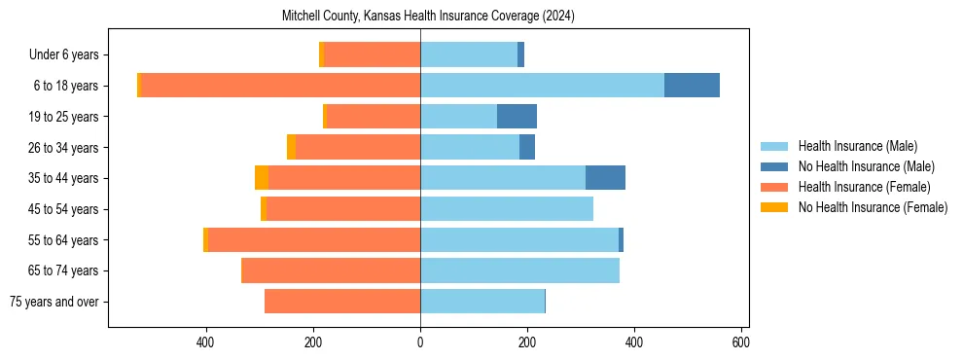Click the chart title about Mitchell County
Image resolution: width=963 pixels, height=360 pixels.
pos(428,17)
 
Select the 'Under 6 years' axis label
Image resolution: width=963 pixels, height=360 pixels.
pos(69,55)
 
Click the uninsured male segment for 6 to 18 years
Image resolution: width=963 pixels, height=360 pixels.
pos(692,86)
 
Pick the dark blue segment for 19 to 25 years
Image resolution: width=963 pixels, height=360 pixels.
pos(517,117)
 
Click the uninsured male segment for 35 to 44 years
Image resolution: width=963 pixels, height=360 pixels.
pos(605,178)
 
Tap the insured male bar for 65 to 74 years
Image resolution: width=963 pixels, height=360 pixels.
pos(519,270)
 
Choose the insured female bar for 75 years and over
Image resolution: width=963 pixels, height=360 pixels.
pos(342,302)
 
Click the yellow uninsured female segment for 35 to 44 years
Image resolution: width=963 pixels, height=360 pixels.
pos(262,178)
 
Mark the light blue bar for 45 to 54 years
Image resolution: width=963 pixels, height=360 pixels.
pos(507,209)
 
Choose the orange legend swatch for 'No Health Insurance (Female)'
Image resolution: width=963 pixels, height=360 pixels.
pos(775,207)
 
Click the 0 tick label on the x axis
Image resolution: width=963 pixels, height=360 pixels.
pos(420,342)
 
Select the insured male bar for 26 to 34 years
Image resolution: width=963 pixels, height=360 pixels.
pos(470,148)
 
